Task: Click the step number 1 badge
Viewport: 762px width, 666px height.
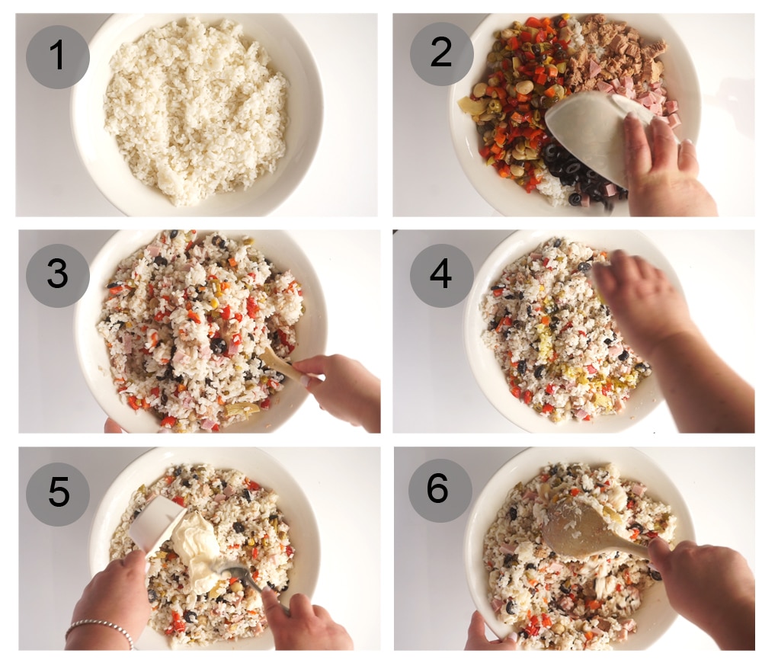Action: (x=58, y=57)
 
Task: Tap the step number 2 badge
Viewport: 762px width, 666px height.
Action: (x=442, y=54)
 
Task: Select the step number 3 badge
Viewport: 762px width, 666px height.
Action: (x=58, y=275)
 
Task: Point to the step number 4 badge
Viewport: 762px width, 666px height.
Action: (x=442, y=275)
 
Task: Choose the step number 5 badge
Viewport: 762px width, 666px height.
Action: (x=58, y=494)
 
